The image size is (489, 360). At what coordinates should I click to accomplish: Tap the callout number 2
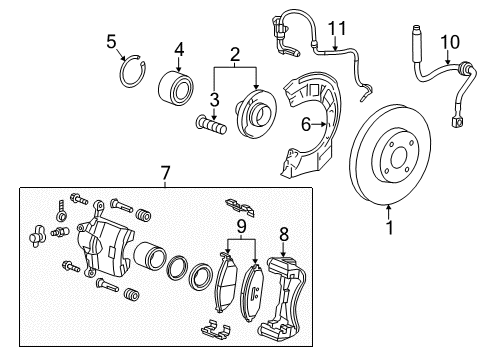(234, 55)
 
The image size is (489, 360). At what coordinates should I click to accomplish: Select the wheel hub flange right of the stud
(251, 111)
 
